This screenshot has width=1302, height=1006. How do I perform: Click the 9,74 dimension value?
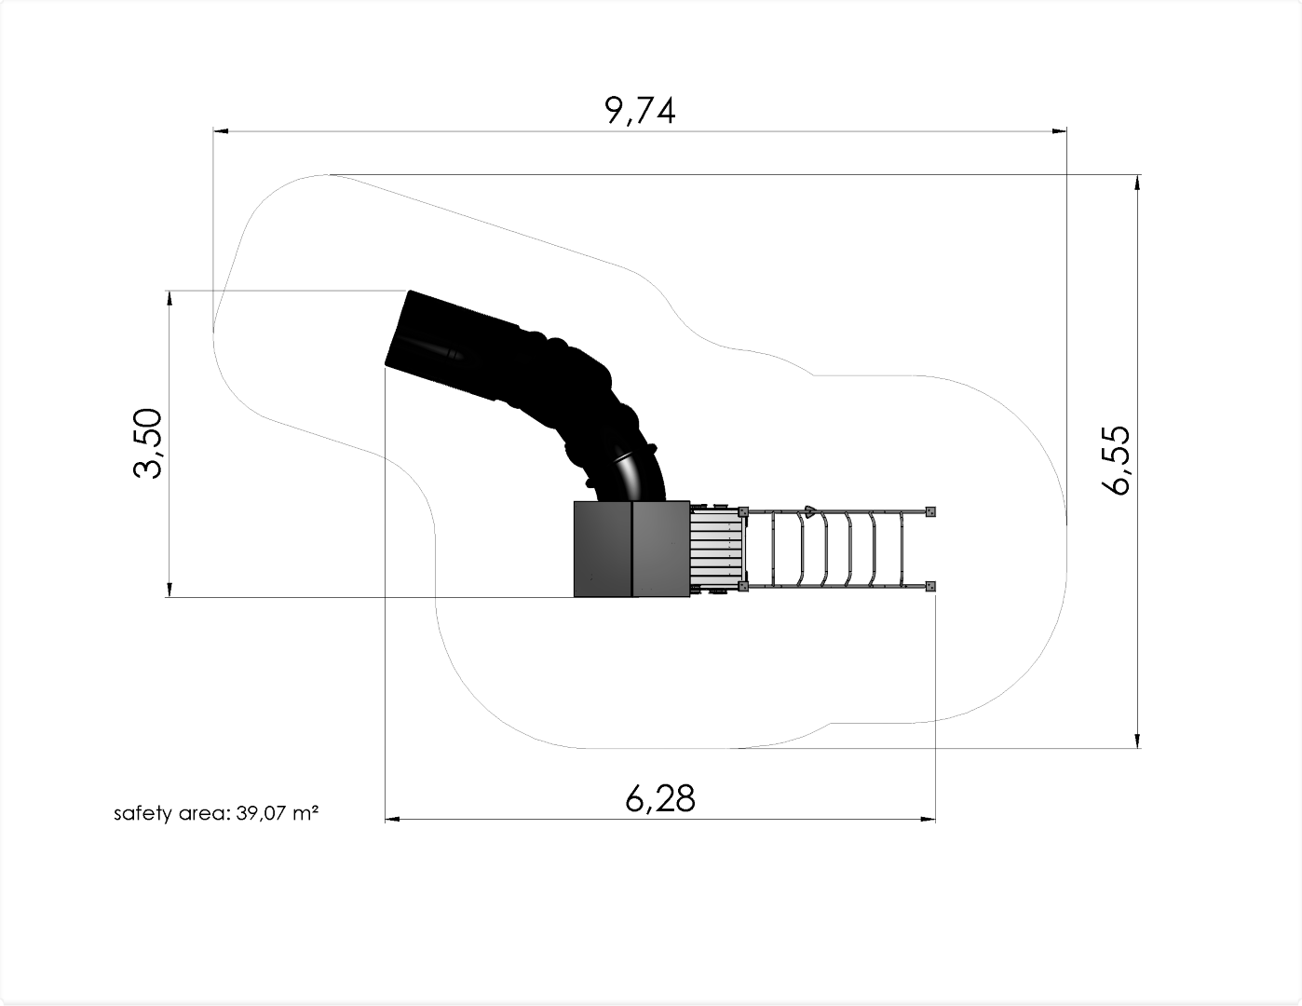[641, 111]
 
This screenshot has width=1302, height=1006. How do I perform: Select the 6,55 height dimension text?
[1116, 460]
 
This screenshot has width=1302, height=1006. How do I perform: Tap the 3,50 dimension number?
[147, 443]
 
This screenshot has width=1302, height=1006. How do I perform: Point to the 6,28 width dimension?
[660, 798]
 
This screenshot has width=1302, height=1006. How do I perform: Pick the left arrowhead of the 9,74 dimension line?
[221, 130]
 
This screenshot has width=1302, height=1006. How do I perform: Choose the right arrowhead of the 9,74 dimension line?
[1059, 130]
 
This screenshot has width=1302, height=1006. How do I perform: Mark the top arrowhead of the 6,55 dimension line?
[1137, 183]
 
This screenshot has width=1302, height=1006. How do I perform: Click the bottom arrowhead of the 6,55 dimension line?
[1137, 741]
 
